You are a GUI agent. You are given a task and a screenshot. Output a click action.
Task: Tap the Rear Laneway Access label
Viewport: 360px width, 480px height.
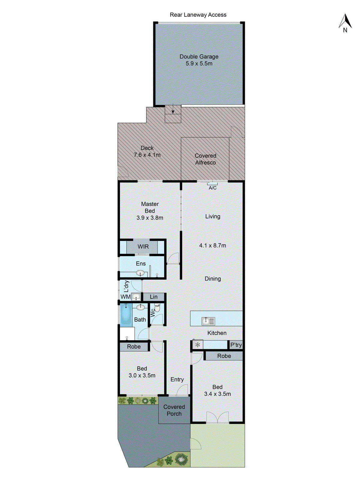(x=198, y=15)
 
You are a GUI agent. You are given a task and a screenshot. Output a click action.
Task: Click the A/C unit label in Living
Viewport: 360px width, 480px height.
(x=212, y=188)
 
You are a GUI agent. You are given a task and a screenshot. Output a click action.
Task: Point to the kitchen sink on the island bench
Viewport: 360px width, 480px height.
(x=208, y=321)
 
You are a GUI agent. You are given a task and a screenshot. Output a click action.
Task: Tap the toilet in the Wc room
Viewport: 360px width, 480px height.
(x=157, y=308)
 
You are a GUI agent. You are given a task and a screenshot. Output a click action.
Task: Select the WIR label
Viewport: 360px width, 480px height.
(x=143, y=247)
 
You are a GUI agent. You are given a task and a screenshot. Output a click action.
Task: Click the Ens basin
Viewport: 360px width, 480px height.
(x=140, y=273)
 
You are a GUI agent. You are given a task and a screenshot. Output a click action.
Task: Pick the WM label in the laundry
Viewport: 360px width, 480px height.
(x=125, y=297)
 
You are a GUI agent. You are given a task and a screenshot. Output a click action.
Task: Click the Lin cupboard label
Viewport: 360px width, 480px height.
(x=154, y=297)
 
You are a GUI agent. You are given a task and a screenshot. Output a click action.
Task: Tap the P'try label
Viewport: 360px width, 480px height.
(x=236, y=345)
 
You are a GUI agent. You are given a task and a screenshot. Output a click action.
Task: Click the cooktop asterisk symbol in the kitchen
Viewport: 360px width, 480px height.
(x=197, y=345)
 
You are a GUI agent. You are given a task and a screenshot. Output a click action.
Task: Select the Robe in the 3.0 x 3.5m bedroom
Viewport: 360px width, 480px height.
(x=134, y=346)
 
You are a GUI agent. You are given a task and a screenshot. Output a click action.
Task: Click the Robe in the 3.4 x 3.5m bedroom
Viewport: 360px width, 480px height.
(x=224, y=356)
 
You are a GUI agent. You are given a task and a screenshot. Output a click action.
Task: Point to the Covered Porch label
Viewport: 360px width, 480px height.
(x=174, y=410)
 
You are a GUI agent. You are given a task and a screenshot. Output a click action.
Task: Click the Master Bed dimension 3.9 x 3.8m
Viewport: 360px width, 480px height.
(x=150, y=218)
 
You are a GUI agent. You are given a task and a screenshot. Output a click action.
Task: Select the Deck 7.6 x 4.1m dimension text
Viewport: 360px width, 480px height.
(x=147, y=155)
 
